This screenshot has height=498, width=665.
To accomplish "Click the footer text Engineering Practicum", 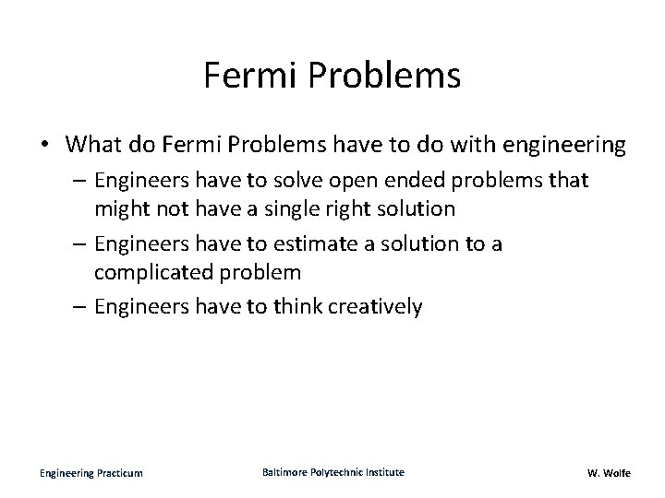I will [x=91, y=473].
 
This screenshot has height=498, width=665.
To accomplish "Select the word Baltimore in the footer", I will [x=285, y=472].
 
